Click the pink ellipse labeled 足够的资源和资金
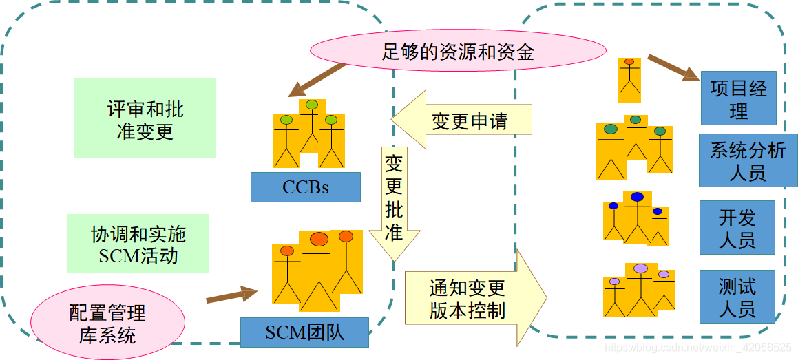(458, 52)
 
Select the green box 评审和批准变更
(145, 118)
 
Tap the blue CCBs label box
(305, 187)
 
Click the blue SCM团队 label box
(304, 332)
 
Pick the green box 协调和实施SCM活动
(138, 244)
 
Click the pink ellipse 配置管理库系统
(108, 324)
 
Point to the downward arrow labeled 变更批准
(394, 202)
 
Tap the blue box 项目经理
(738, 98)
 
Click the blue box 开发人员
(737, 228)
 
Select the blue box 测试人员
(737, 297)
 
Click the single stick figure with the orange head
(629, 76)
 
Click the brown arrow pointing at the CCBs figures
(317, 79)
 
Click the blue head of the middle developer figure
(637, 197)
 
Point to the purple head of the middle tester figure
(641, 268)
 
